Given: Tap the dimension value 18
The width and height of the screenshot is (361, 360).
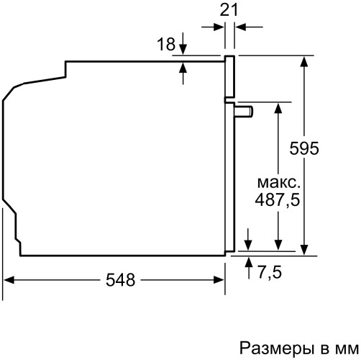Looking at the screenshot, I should pos(165,44).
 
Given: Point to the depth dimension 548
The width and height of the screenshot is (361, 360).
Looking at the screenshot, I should pos(120,280).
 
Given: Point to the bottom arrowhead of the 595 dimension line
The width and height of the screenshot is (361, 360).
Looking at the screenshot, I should pos(307,247).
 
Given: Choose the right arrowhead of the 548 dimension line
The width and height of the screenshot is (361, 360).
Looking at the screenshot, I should pos(220,279).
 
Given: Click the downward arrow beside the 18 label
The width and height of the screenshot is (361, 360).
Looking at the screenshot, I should pos(183,48).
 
